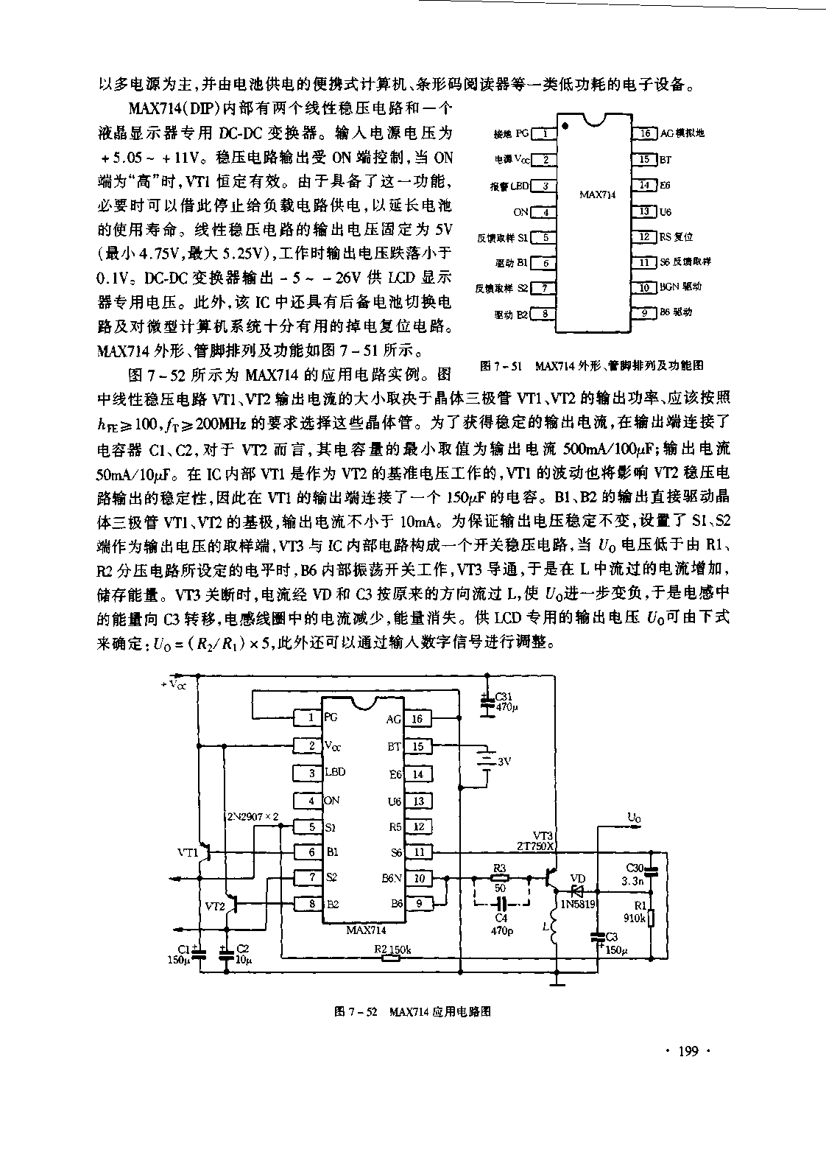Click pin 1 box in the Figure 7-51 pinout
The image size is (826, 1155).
pyautogui.click(x=543, y=133)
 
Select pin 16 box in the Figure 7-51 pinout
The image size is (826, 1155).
pyautogui.click(x=645, y=133)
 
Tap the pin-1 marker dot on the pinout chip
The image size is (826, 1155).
pyautogui.click(x=565, y=127)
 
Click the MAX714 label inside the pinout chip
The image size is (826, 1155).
pyautogui.click(x=597, y=195)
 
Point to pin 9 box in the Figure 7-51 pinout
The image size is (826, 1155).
pyautogui.click(x=645, y=312)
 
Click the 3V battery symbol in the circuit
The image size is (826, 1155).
pyautogui.click(x=486, y=759)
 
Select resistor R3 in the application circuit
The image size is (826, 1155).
pyautogui.click(x=500, y=878)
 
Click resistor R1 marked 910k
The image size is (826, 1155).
pyautogui.click(x=651, y=919)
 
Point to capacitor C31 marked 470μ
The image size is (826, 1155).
pyautogui.click(x=486, y=704)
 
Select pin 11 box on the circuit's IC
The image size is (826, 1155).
pyautogui.click(x=418, y=852)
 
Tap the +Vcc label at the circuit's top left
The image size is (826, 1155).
pyautogui.click(x=174, y=683)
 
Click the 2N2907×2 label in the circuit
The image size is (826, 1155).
pyautogui.click(x=253, y=816)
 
